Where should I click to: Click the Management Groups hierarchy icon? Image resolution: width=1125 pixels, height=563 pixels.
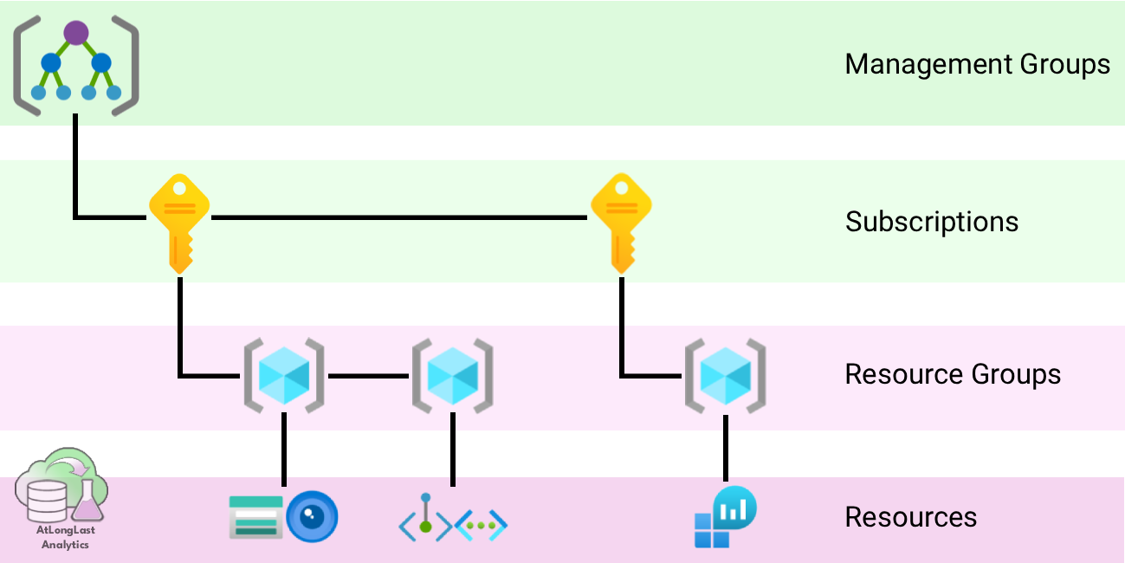point(76,65)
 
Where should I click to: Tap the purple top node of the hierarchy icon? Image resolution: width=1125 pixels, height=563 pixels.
point(76,33)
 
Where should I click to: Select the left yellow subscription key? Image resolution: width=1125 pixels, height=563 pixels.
point(179,222)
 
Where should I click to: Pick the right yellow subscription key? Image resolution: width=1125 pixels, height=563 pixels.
point(620,222)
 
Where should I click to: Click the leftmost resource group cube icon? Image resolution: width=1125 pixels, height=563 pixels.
point(284,375)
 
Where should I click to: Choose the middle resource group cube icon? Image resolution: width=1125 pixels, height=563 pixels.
point(452,375)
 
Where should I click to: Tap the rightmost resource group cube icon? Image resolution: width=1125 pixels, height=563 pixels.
point(726,375)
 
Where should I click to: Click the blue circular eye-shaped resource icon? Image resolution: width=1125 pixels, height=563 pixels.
point(312,518)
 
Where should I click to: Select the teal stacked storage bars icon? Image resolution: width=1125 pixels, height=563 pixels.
point(255,518)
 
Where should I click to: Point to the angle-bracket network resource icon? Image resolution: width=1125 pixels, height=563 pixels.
point(452,520)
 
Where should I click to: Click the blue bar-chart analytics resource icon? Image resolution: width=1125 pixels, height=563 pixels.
point(726,517)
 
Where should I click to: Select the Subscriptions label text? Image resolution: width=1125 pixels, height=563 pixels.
point(932,222)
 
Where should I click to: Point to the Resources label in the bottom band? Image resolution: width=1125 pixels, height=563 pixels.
point(911,517)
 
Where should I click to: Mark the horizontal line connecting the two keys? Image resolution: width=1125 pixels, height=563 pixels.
point(398,217)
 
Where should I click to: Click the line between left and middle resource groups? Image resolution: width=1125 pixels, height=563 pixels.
point(368,376)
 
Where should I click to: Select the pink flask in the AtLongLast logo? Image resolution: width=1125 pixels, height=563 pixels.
point(87,499)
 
